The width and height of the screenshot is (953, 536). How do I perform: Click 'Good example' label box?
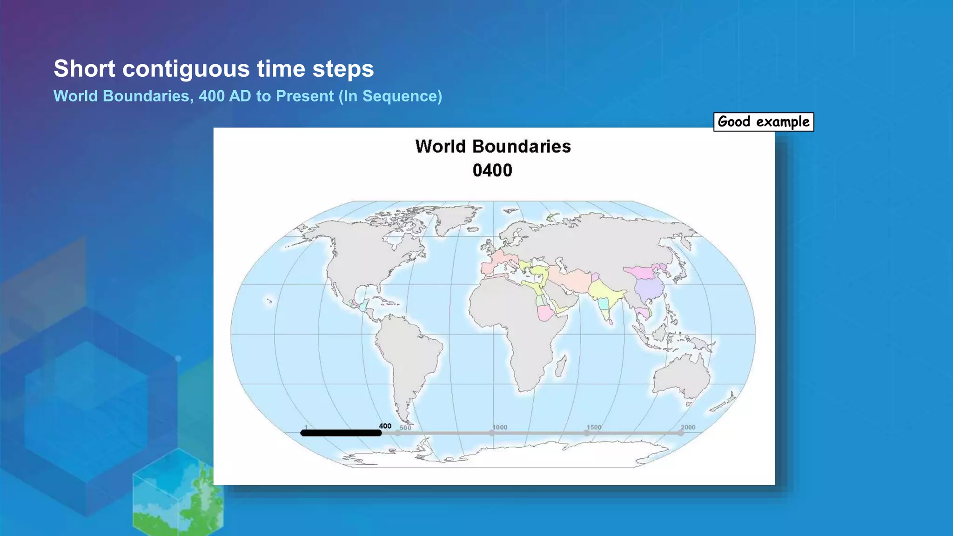click(763, 122)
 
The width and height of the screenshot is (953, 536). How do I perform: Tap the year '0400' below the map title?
click(492, 170)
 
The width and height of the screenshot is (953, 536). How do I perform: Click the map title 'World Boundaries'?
click(493, 147)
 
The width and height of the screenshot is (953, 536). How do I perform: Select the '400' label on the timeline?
click(385, 426)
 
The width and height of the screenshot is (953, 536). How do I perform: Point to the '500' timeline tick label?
click(405, 428)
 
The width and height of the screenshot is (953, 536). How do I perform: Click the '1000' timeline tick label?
click(500, 427)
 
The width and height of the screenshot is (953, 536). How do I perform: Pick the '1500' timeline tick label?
click(594, 427)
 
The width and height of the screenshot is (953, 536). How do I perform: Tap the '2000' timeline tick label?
click(688, 427)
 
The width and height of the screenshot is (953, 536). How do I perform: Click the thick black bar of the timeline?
click(341, 433)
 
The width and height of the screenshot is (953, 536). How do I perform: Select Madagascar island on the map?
click(561, 366)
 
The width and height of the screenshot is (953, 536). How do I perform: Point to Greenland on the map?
click(454, 219)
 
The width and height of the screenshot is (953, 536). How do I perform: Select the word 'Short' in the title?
click(84, 69)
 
